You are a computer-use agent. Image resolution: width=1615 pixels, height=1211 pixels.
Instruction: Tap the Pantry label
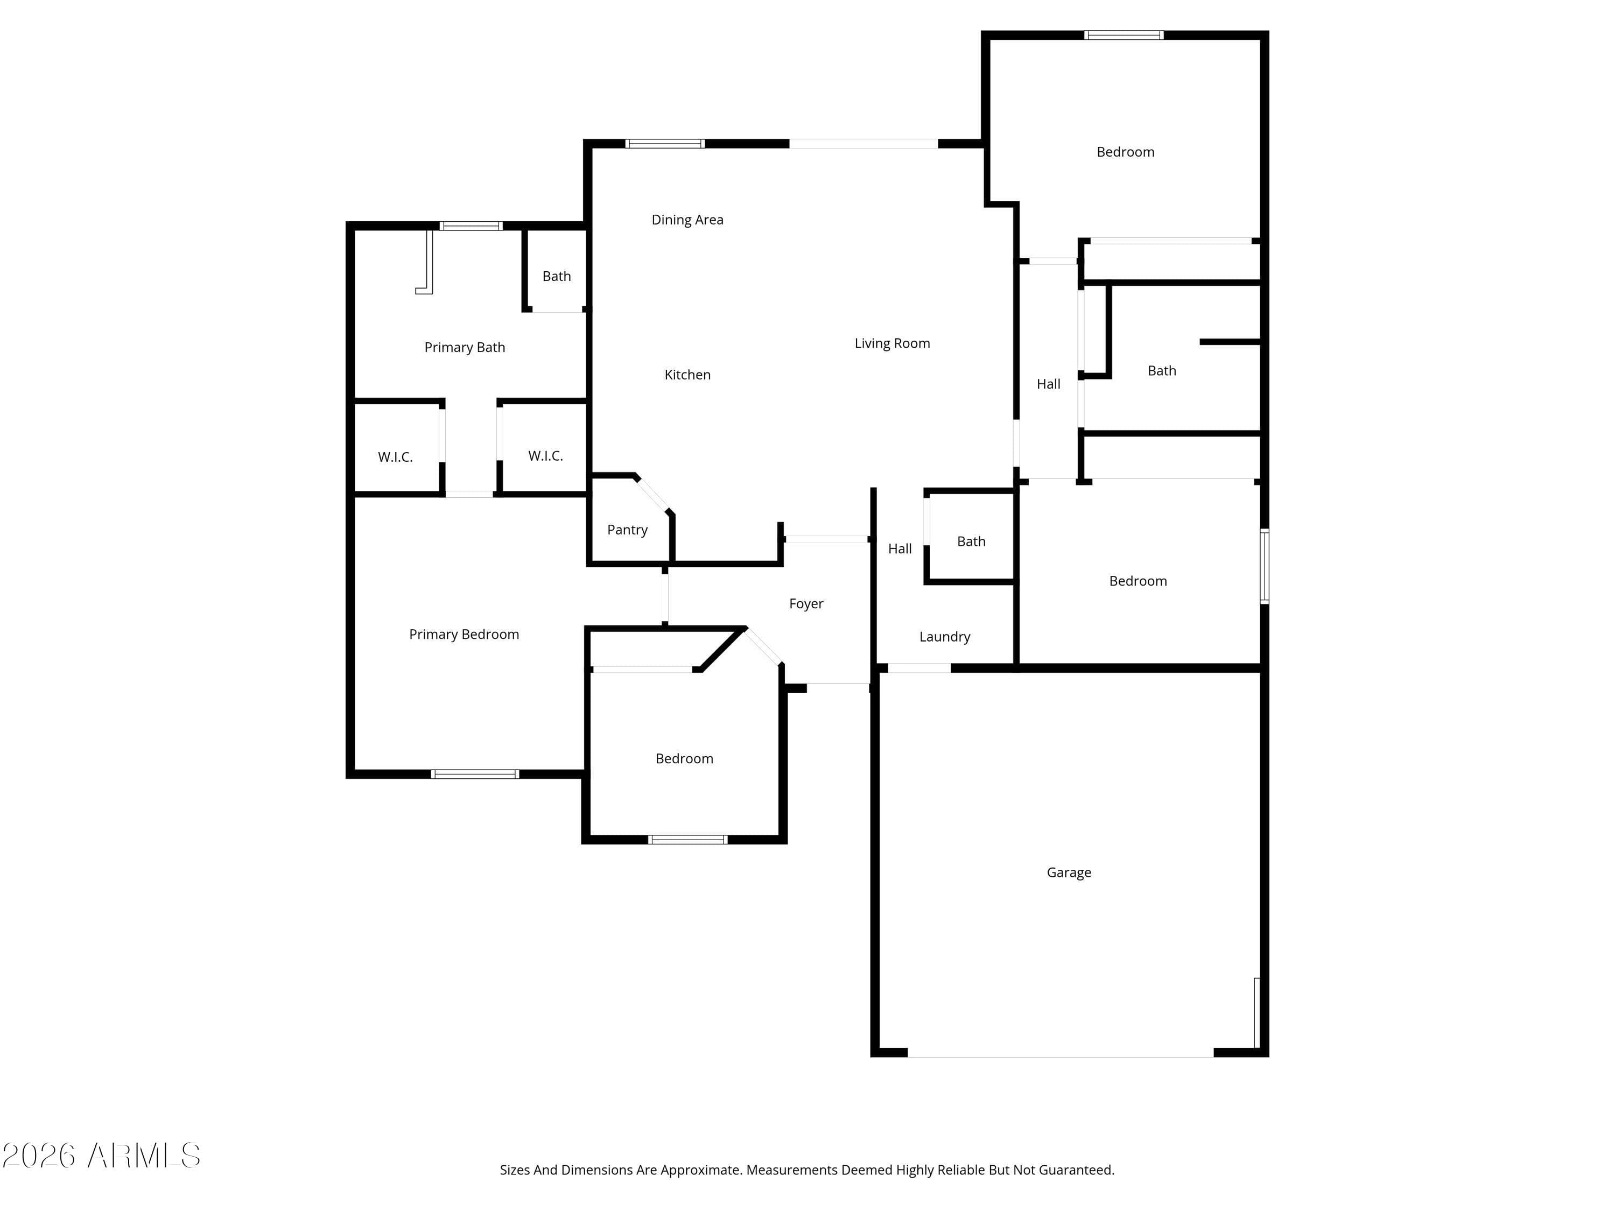pos(627,530)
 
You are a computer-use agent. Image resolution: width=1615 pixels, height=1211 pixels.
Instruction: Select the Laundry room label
pos(944,637)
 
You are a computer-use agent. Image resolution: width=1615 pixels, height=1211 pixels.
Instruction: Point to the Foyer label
pos(805,604)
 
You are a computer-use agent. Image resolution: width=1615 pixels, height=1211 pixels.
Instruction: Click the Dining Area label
pos(687,220)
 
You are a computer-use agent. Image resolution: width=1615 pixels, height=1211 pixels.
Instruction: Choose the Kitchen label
pos(687,375)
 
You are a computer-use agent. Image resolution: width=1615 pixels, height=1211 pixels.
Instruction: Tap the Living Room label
pos(891,343)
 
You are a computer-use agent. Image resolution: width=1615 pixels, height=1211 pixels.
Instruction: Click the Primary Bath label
pos(465,348)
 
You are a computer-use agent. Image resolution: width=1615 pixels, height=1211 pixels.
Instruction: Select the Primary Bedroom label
pos(464,635)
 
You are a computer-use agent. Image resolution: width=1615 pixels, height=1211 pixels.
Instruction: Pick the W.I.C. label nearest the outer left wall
pos(395,457)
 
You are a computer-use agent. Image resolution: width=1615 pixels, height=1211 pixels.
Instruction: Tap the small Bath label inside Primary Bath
pos(556,276)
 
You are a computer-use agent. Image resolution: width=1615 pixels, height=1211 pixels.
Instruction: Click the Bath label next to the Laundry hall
pos(971,541)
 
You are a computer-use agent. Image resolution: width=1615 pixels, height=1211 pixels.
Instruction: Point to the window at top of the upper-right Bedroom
pos(1123,35)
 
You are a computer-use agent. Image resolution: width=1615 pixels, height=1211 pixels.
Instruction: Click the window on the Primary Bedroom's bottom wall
pos(475,774)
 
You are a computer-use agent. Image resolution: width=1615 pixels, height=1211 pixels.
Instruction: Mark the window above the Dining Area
pos(664,144)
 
